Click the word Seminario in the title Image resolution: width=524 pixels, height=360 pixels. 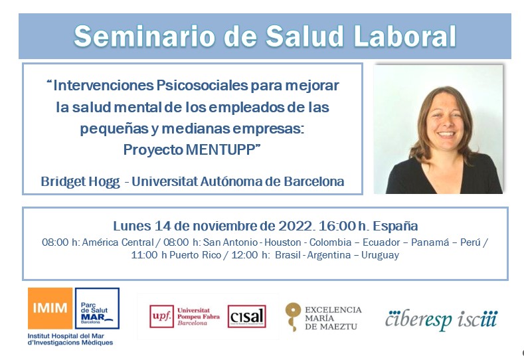pos(144,36)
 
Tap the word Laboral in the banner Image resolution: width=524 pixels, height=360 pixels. pos(405,36)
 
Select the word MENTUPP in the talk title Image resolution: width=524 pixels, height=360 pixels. pos(221,149)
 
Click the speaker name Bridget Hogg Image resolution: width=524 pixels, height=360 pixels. pos(80,181)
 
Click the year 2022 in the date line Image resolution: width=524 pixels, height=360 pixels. pos(296,226)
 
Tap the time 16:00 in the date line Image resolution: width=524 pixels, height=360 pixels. pos(337,226)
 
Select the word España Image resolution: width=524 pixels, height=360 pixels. pos(395,226)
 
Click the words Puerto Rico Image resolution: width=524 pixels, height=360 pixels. pos(195,255)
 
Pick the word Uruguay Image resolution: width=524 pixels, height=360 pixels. pos(381,255)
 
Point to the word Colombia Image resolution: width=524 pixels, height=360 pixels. pos(330,242)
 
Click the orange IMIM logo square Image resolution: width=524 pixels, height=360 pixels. pos(50,308)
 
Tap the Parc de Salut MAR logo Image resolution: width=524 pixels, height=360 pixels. pos(97,308)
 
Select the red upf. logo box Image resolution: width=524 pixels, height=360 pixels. pos(162,316)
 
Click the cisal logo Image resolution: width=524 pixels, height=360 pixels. pos(246,316)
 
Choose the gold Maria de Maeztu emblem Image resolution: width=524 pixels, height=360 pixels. pos(293,317)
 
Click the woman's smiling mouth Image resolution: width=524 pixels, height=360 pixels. pos(446,134)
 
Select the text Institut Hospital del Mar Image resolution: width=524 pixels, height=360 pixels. pos(66,336)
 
